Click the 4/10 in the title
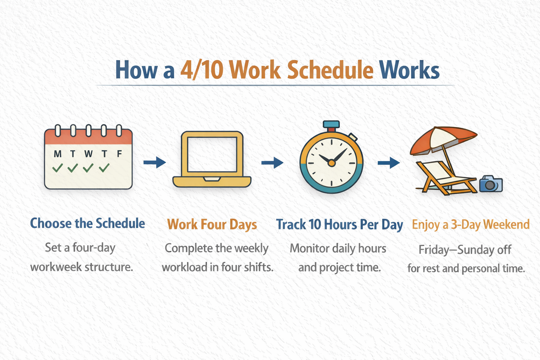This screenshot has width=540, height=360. (x=201, y=70)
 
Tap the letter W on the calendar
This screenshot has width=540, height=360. (x=89, y=154)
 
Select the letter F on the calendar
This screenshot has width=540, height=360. (x=119, y=154)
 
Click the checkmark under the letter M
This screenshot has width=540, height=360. (x=58, y=168)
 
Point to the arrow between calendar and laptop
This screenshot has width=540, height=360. (x=155, y=162)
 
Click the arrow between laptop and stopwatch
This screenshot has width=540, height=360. (x=272, y=162)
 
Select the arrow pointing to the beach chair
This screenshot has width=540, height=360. (x=388, y=163)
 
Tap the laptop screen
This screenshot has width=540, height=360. (x=212, y=154)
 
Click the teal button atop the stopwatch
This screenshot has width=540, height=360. (x=331, y=124)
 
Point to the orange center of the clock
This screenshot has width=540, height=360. (x=332, y=163)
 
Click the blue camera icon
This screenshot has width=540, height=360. (x=491, y=184)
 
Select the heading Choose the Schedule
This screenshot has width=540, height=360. (x=88, y=223)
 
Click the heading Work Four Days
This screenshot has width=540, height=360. (x=212, y=225)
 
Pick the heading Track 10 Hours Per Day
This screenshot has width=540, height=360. (x=340, y=225)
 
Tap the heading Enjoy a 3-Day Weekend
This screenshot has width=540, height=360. (x=471, y=225)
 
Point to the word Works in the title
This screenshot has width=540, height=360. (x=409, y=70)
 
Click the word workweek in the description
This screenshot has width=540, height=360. (x=56, y=267)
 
